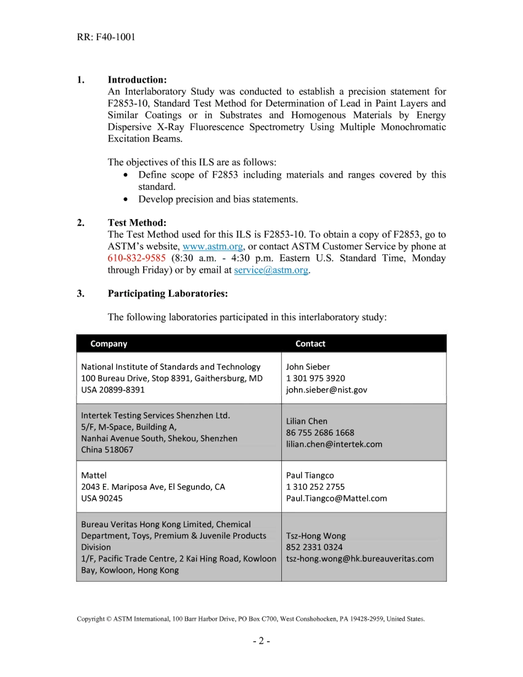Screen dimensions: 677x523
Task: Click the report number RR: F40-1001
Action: [x=106, y=37]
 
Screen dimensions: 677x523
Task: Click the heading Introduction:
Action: [x=137, y=80]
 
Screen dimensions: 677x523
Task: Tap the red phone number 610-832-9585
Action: [x=137, y=258]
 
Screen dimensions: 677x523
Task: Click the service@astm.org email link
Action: [x=271, y=270]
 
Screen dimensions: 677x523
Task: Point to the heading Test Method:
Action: [x=137, y=223]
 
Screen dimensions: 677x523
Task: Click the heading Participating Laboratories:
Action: [x=167, y=293]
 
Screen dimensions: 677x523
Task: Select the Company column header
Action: [x=108, y=343]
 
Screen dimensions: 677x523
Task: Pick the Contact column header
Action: [x=310, y=343]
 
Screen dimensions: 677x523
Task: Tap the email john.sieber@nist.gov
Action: [x=326, y=390]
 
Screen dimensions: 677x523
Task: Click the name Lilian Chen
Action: [x=306, y=421]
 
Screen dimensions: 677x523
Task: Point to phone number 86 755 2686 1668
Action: [x=320, y=433]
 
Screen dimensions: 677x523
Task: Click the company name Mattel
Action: [x=94, y=475]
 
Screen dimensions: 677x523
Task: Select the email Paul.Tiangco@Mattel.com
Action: [x=336, y=498]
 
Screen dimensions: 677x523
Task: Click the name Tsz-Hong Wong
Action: [x=315, y=536]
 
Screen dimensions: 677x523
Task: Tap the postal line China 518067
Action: [x=107, y=450]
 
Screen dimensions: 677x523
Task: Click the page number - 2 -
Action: [x=261, y=641]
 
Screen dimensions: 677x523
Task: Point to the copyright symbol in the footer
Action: [x=109, y=619]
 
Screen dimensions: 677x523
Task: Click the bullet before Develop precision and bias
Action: [x=127, y=199]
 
